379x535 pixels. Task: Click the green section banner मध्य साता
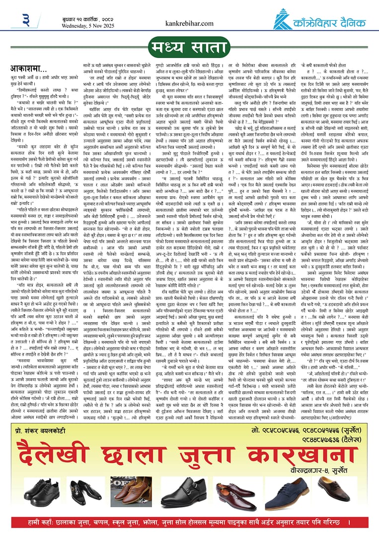click(x=189, y=49)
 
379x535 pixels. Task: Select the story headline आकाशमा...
click(x=31, y=68)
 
